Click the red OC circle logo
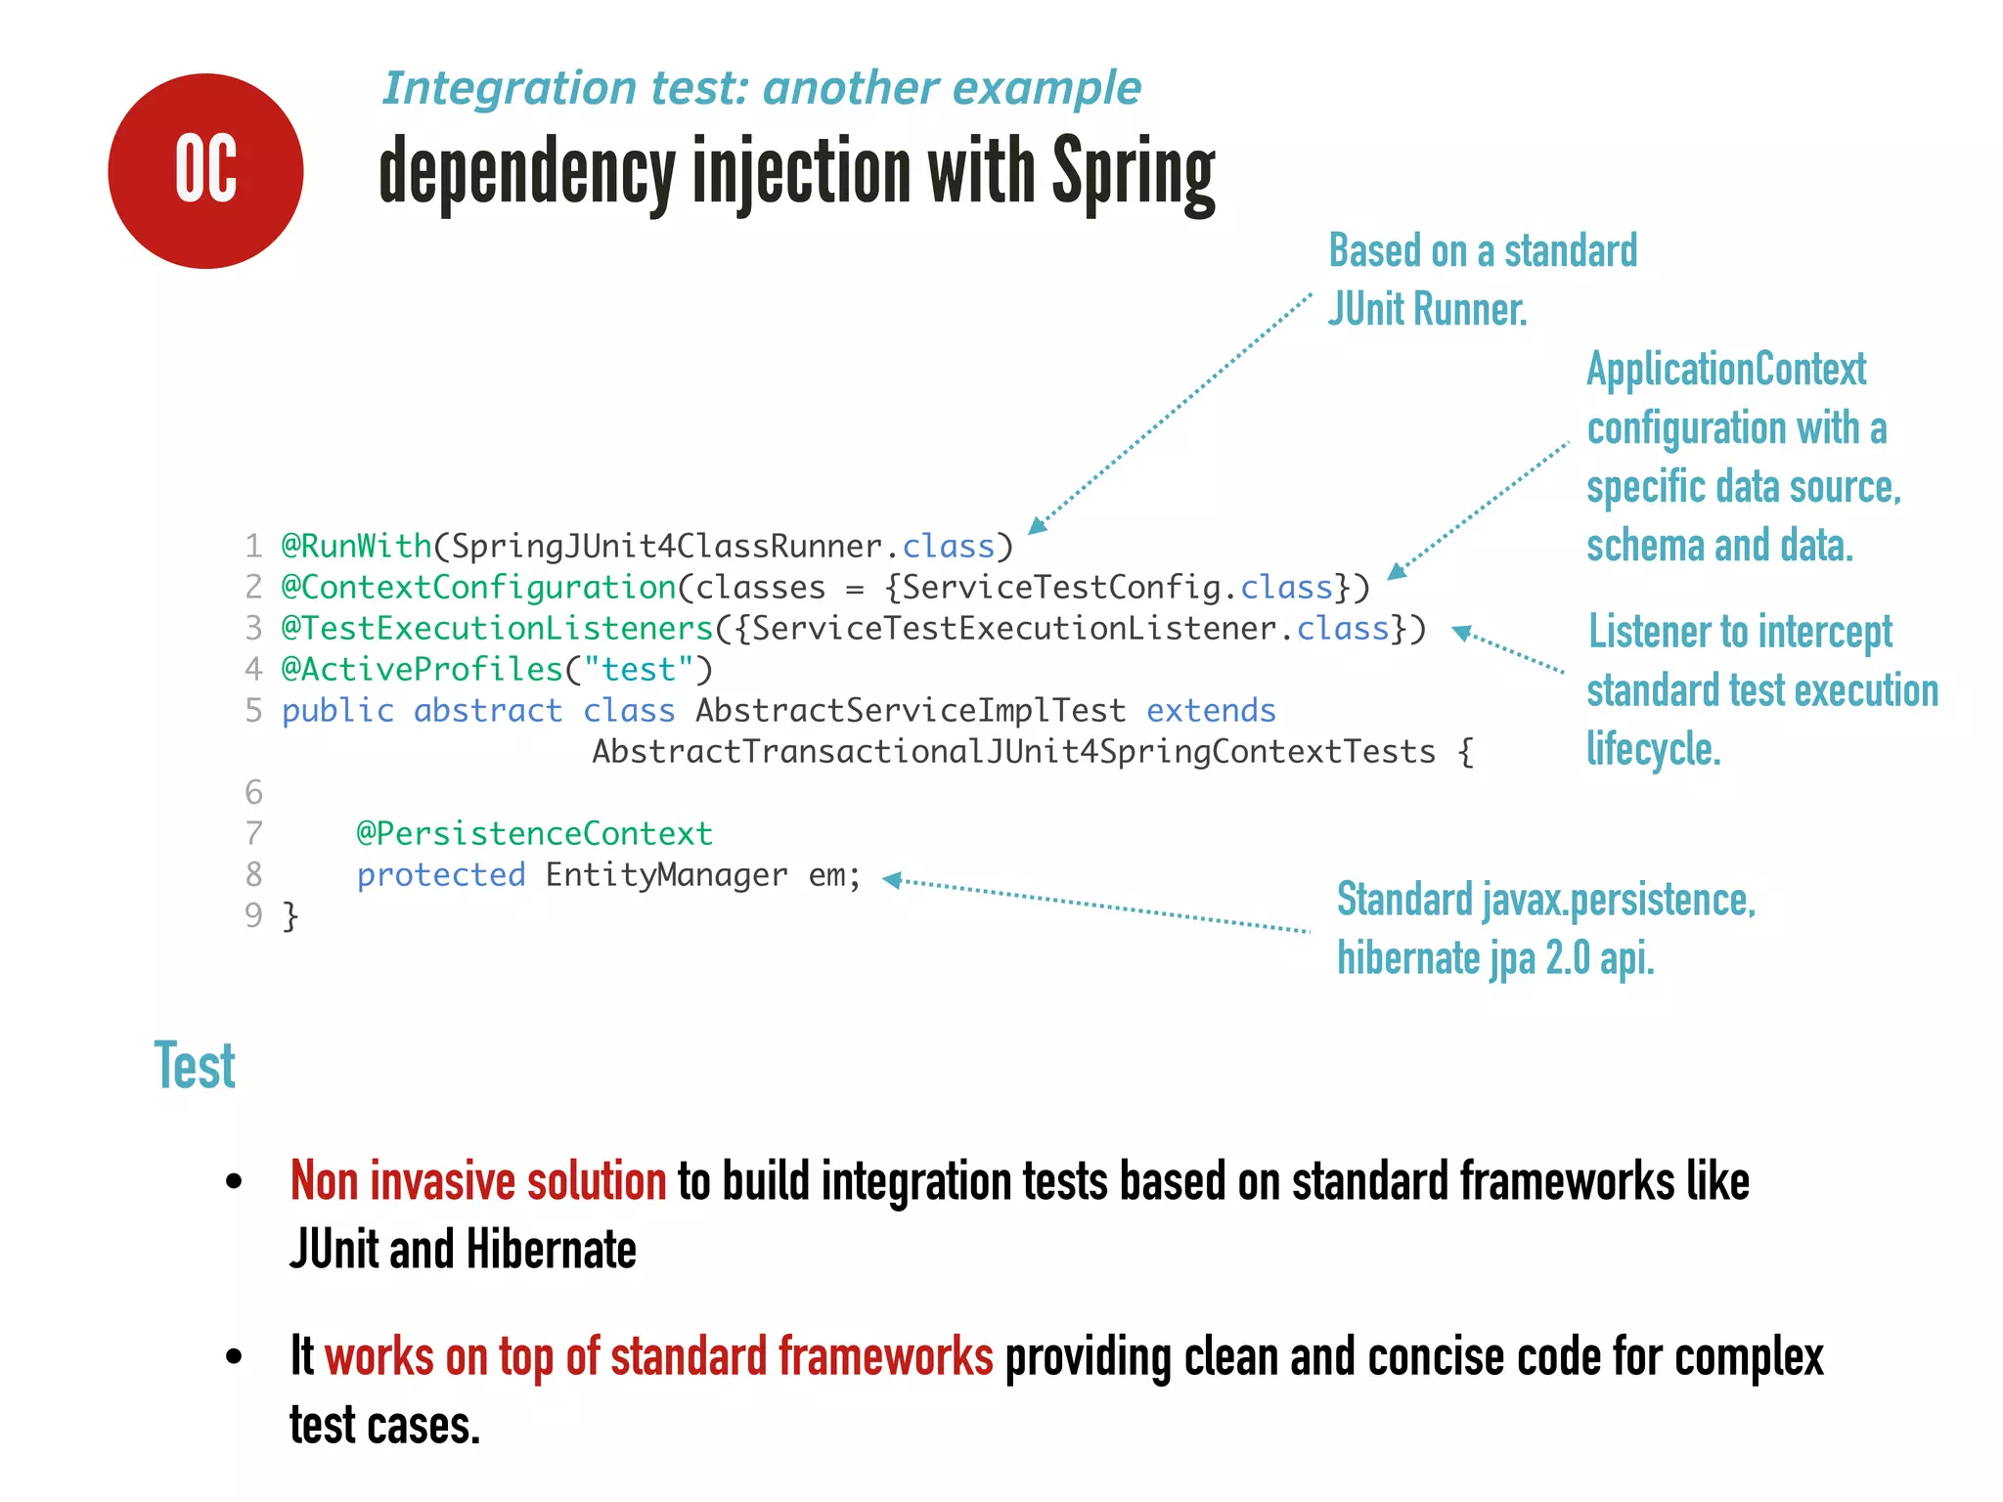click(x=205, y=171)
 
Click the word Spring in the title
click(x=1134, y=174)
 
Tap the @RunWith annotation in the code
click(x=356, y=546)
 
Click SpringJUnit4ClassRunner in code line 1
click(x=666, y=546)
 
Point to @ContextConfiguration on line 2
click(x=478, y=587)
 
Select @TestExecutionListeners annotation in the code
click(x=497, y=628)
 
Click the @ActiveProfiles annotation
click(x=422, y=669)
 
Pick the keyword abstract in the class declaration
click(x=487, y=710)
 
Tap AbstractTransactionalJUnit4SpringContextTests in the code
click(x=1013, y=751)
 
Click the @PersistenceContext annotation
click(x=534, y=833)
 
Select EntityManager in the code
click(x=666, y=874)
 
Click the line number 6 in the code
click(x=253, y=792)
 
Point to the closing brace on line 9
click(x=290, y=916)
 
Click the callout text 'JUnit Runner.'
click(x=1426, y=310)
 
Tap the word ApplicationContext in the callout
click(x=1725, y=370)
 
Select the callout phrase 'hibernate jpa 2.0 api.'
click(x=1494, y=958)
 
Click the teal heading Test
click(x=195, y=1066)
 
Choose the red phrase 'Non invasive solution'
click(x=477, y=1181)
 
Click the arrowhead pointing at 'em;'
click(x=891, y=880)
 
